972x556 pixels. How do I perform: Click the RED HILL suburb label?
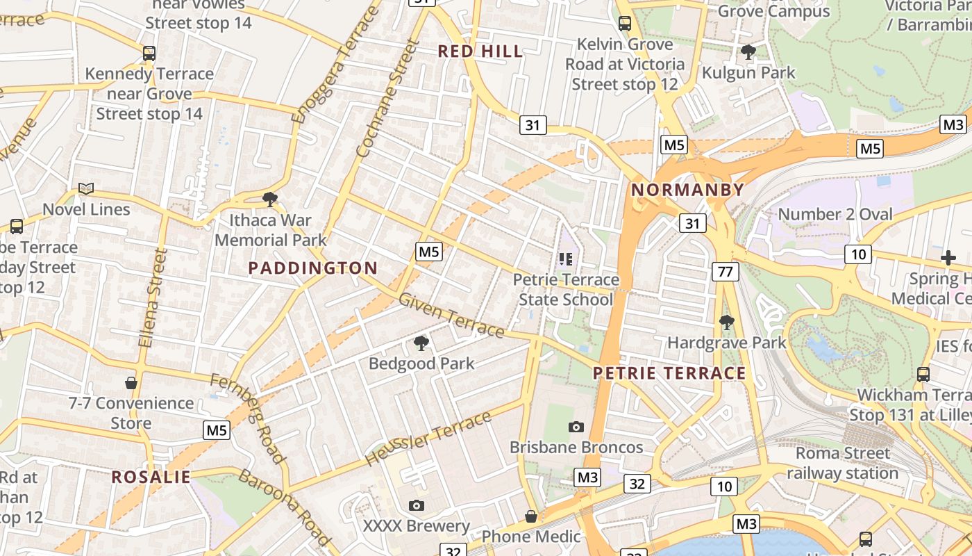click(480, 51)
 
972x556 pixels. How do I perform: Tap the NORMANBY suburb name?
click(687, 190)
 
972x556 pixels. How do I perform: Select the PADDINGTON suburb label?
click(312, 268)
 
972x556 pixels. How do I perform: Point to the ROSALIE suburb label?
click(151, 477)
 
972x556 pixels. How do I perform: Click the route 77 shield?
click(725, 271)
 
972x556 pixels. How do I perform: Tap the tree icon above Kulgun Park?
click(748, 51)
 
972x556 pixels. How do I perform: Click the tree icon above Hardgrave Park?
click(727, 322)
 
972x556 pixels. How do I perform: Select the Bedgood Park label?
click(421, 363)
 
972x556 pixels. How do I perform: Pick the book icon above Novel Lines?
click(86, 188)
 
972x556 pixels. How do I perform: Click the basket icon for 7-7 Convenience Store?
click(131, 382)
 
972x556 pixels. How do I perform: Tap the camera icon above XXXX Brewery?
click(417, 505)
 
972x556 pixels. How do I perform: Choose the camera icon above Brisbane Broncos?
click(576, 427)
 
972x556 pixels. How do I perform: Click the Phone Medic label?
click(531, 536)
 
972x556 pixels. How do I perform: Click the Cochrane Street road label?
click(387, 99)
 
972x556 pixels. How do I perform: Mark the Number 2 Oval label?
click(835, 214)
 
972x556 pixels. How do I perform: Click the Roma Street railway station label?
click(842, 463)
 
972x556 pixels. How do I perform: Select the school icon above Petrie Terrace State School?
click(566, 259)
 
